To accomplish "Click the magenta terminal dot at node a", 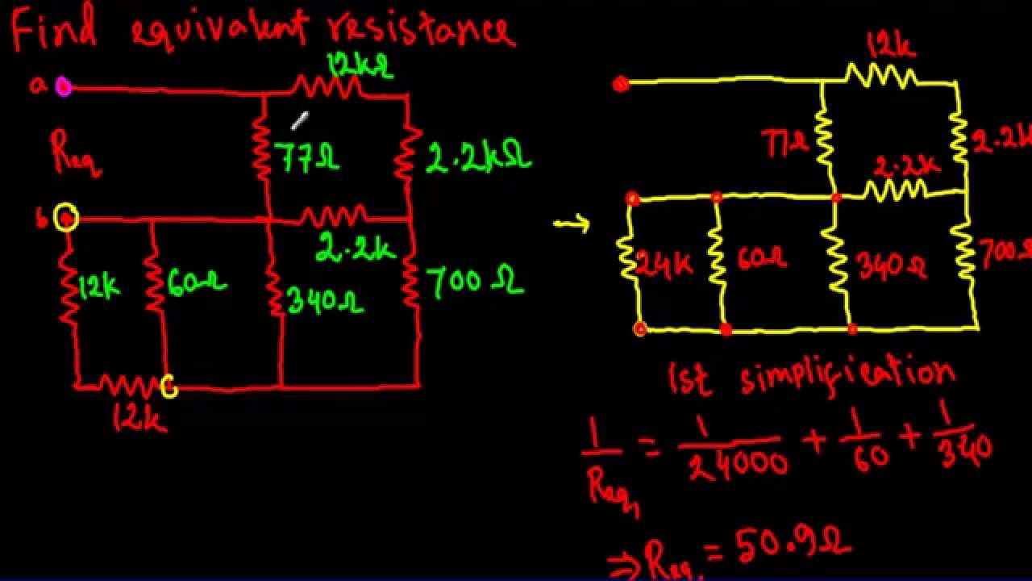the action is [x=64, y=87].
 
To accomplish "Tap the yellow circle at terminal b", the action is [x=66, y=218].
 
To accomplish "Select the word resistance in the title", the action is [x=420, y=31].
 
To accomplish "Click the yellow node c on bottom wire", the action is [x=169, y=387].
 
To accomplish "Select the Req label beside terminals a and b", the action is [x=75, y=153].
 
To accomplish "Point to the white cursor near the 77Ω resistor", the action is [x=299, y=121].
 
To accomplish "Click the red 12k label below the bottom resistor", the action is [x=139, y=418].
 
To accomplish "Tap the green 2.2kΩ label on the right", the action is [x=478, y=158].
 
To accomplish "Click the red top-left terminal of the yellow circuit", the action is [x=620, y=84].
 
